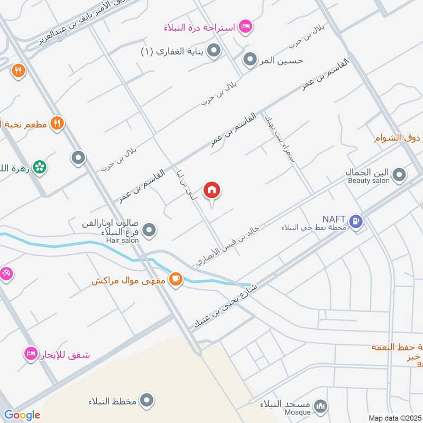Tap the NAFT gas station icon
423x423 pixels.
[x=357, y=220]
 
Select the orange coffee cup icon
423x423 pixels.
[x=176, y=279]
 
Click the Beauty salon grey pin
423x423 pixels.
[x=400, y=174]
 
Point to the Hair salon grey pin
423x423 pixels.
[x=150, y=230]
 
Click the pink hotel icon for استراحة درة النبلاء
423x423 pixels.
[x=245, y=26]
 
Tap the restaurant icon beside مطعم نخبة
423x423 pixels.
[x=57, y=124]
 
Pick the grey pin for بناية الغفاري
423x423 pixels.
[x=214, y=51]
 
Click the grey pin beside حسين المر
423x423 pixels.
[x=250, y=60]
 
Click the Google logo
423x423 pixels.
[x=22, y=415]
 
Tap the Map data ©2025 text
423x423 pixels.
[x=394, y=418]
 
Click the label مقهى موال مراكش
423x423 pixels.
[x=128, y=281]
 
